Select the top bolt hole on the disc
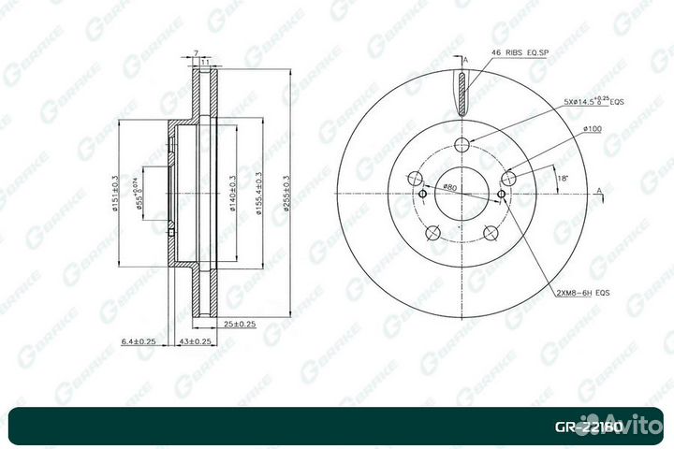[461, 143]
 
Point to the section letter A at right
[598, 190]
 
